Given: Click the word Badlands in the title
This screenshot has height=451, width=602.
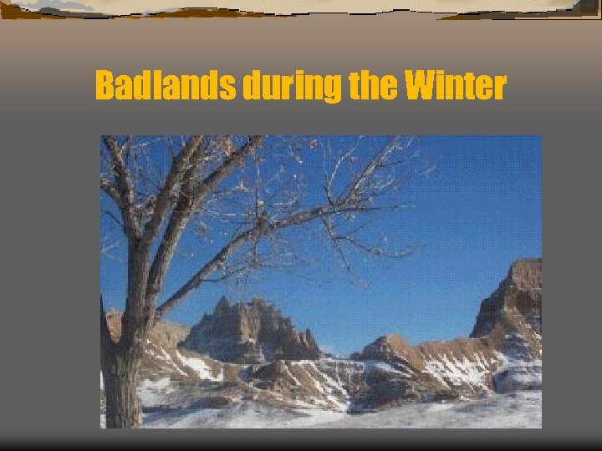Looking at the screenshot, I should pyautogui.click(x=166, y=85).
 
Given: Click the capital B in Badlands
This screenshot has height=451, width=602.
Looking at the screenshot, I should pyautogui.click(x=105, y=85).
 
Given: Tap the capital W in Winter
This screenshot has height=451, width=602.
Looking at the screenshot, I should pyautogui.click(x=423, y=85).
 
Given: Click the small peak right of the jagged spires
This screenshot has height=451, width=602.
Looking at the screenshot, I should pyautogui.click(x=385, y=345).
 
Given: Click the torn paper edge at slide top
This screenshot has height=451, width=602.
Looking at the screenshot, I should pyautogui.click(x=301, y=8).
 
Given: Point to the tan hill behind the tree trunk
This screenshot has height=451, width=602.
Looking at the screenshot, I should pyautogui.click(x=163, y=338).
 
